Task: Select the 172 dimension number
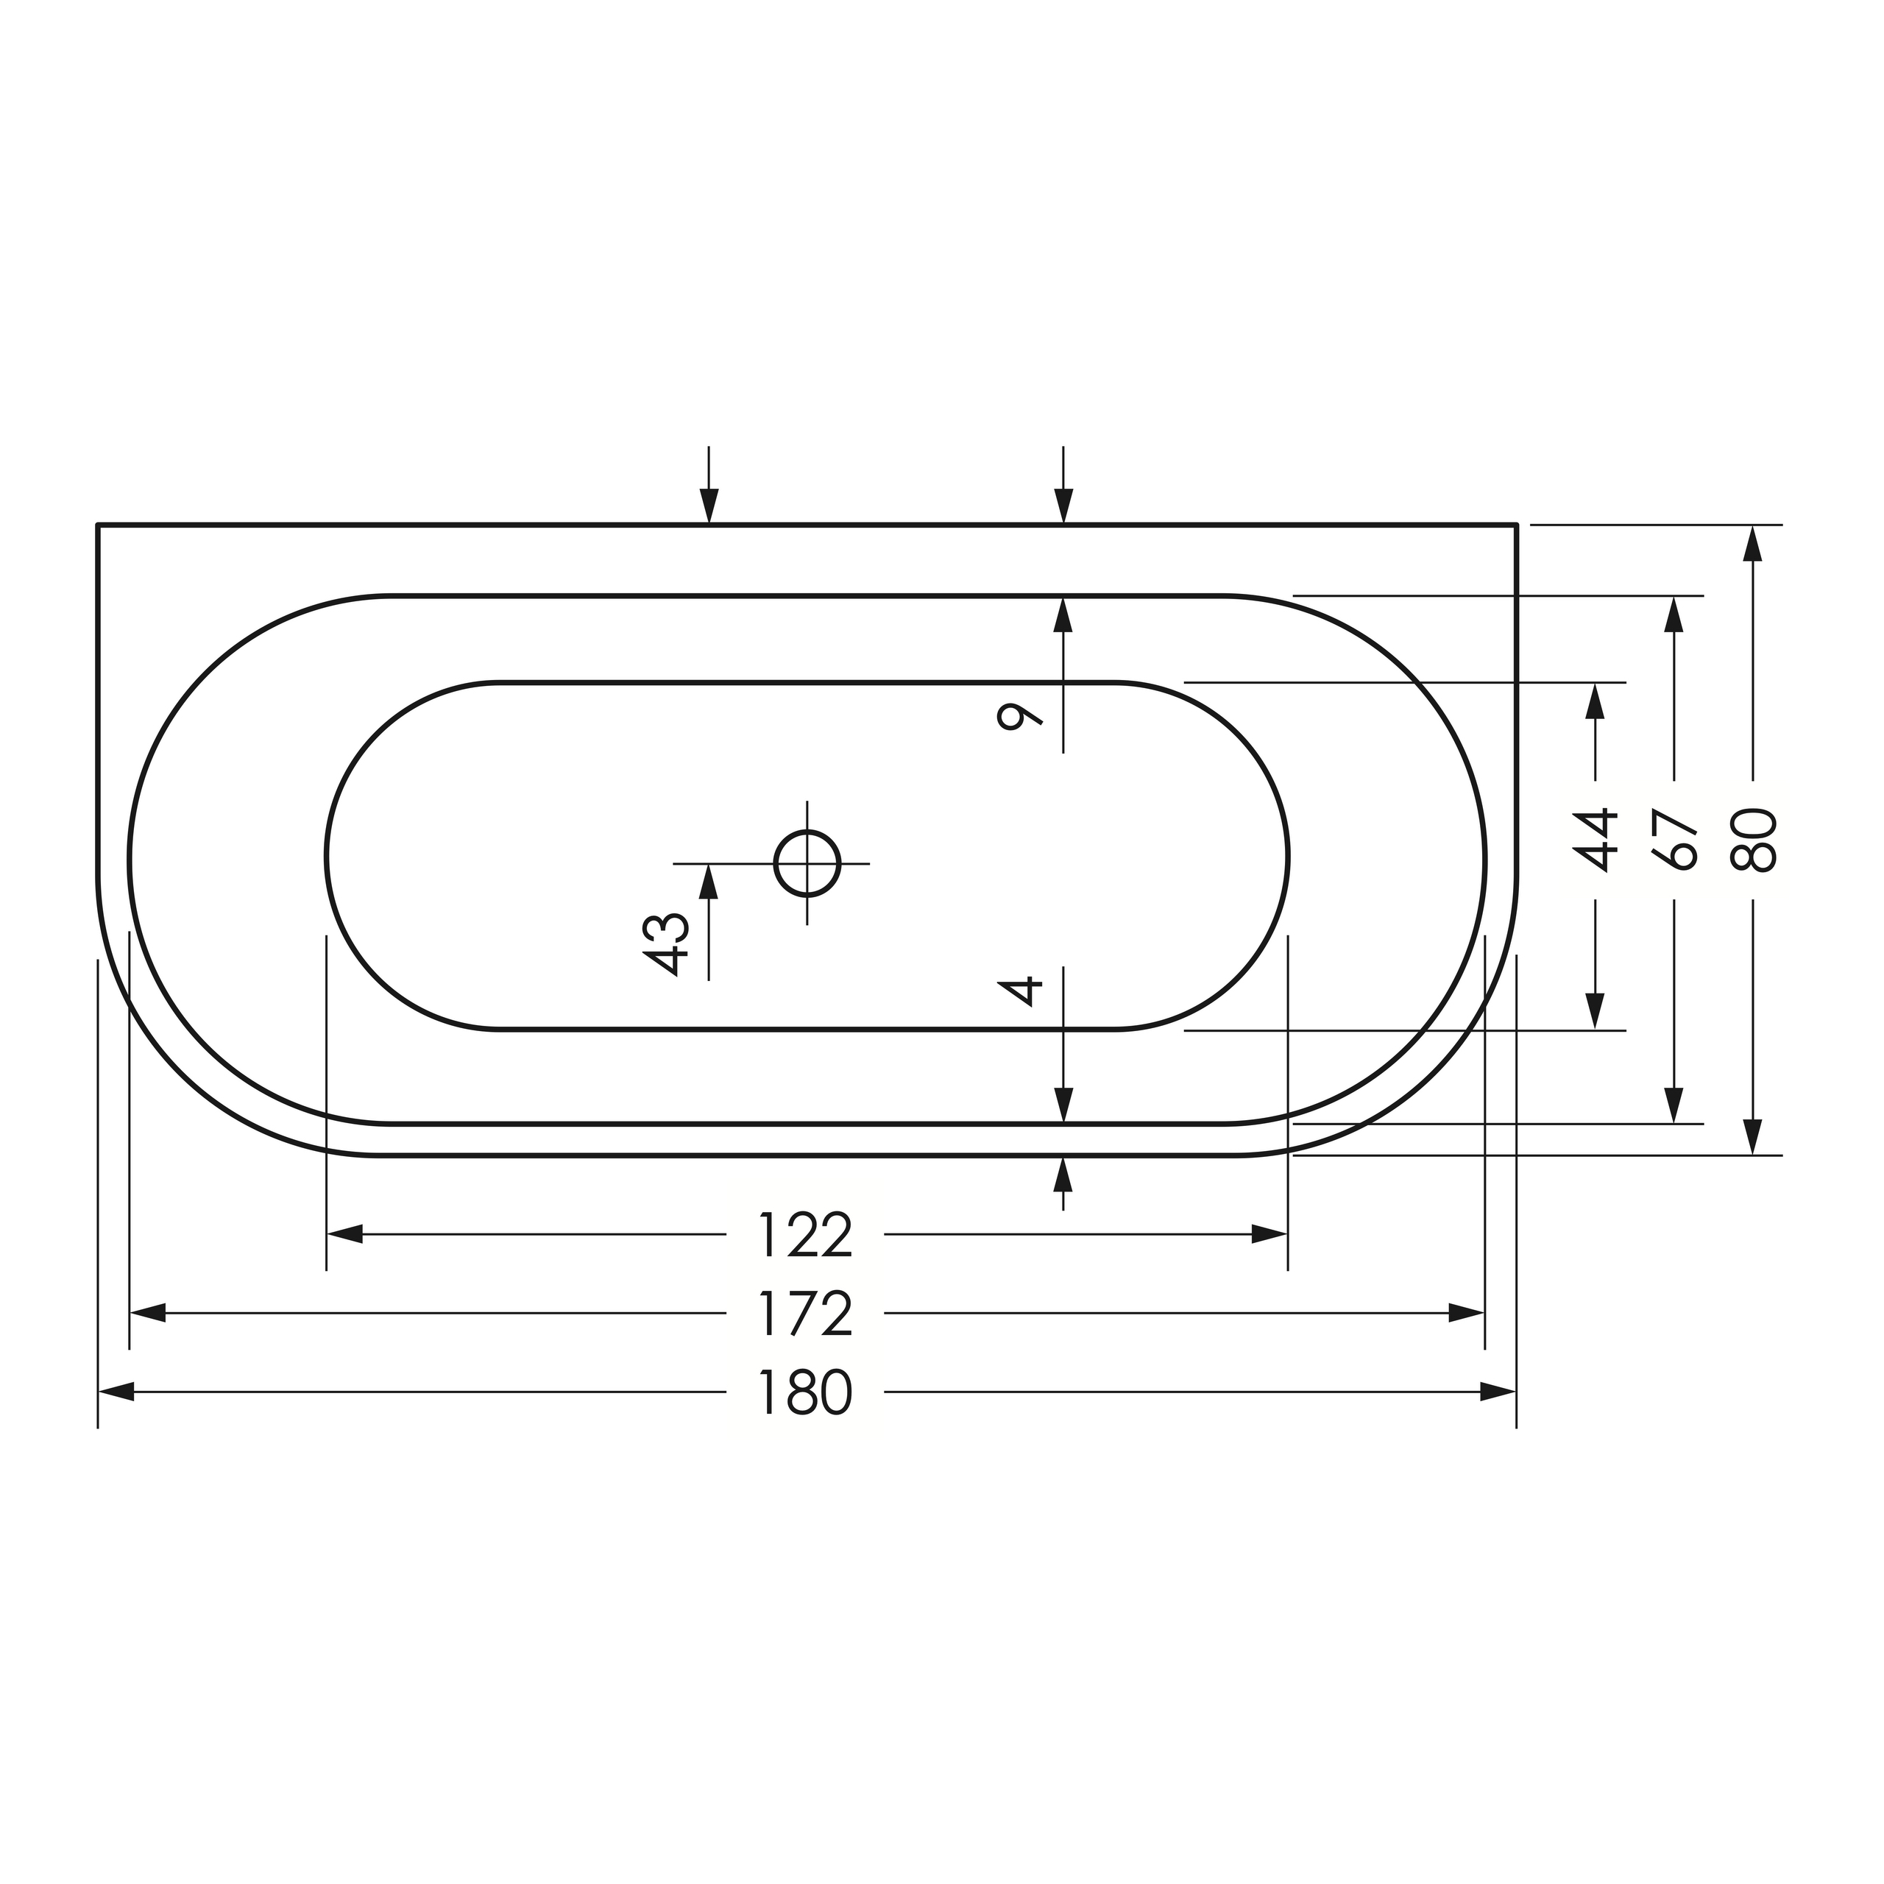[805, 1314]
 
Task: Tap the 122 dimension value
[805, 1235]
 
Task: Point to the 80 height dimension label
[1753, 840]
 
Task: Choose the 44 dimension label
[1596, 840]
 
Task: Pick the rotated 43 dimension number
[668, 944]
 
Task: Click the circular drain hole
[807, 863]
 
